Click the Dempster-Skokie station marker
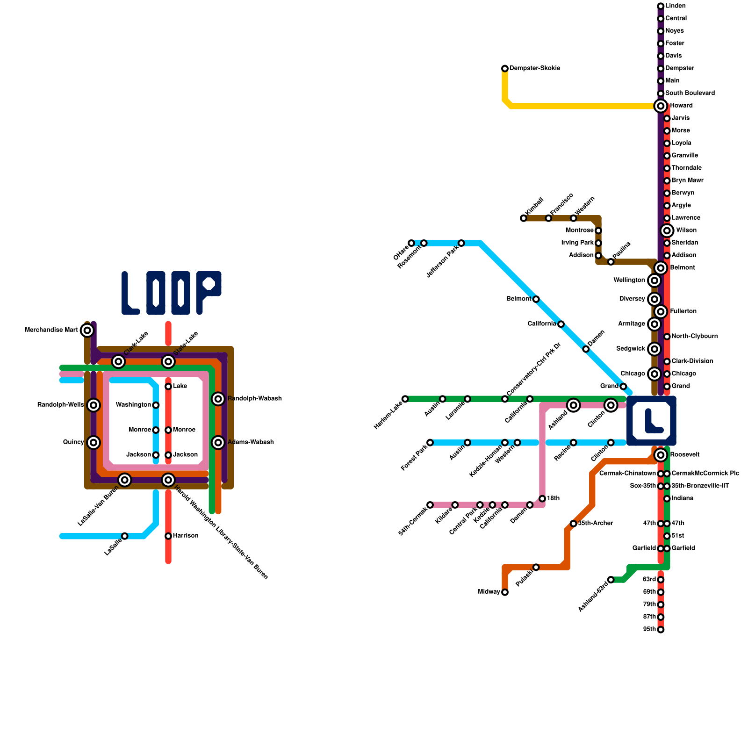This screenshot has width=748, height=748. pos(505,69)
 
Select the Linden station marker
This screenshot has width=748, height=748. pos(661,6)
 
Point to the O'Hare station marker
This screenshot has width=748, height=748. pos(411,243)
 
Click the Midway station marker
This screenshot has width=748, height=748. pos(505,592)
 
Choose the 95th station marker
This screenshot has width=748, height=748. pos(661,630)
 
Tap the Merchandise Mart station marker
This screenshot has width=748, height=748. pos(87,331)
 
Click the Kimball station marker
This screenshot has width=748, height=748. pos(524,218)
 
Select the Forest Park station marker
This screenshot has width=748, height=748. pos(430,443)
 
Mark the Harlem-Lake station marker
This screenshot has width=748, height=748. pos(405,399)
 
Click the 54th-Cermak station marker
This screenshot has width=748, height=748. pos(430,505)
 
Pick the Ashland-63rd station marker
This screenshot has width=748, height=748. pos(611,580)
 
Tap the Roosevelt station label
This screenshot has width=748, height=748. pos(684,455)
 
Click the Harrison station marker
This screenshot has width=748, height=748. pos(168,536)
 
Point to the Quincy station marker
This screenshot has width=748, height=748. pos(93,442)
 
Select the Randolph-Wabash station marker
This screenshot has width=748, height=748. pos(218,399)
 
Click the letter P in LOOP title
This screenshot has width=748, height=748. pos(209,292)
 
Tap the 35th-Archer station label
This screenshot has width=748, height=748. pos(595,523)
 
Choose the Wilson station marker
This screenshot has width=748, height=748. pos(667,230)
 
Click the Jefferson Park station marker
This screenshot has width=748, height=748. pos(461,243)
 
